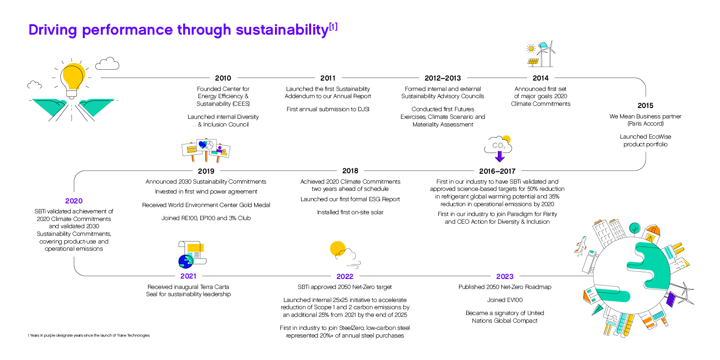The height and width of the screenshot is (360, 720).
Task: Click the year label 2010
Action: [x=223, y=78]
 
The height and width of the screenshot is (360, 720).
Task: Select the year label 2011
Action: [x=328, y=78]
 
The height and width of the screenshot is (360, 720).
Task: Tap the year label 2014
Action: [x=540, y=78]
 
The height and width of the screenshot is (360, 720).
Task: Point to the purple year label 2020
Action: [x=74, y=201]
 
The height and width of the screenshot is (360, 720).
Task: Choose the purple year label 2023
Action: [x=504, y=276]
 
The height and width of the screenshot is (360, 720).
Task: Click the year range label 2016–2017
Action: [x=497, y=171]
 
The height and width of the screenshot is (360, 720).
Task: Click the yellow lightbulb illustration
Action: [x=72, y=77]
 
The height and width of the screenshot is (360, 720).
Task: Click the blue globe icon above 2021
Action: [x=185, y=261]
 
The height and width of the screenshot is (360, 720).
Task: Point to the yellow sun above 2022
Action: [x=337, y=248]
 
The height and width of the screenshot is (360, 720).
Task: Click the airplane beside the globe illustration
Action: [x=580, y=245]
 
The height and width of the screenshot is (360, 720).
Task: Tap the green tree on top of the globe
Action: [x=634, y=228]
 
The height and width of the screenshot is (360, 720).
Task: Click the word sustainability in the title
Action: [x=282, y=30]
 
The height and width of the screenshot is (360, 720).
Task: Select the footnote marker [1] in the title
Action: [x=333, y=27]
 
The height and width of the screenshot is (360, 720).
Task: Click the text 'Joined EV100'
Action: [x=504, y=300]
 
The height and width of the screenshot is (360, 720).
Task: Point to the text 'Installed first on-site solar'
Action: [x=350, y=212]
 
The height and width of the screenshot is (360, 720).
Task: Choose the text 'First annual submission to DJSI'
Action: [x=328, y=109]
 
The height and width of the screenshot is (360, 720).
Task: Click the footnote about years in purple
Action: [x=89, y=335]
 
